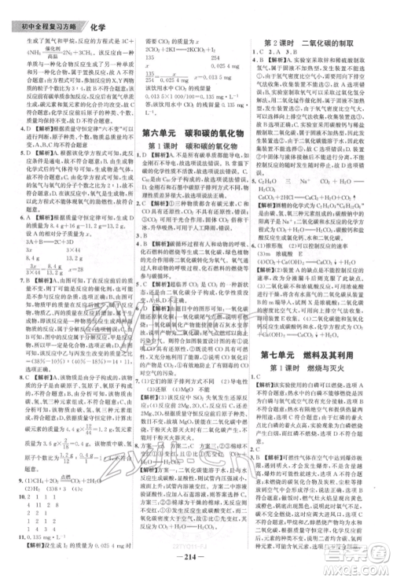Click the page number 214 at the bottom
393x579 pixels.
coord(196,561)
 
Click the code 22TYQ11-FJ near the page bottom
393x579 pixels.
coord(196,550)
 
